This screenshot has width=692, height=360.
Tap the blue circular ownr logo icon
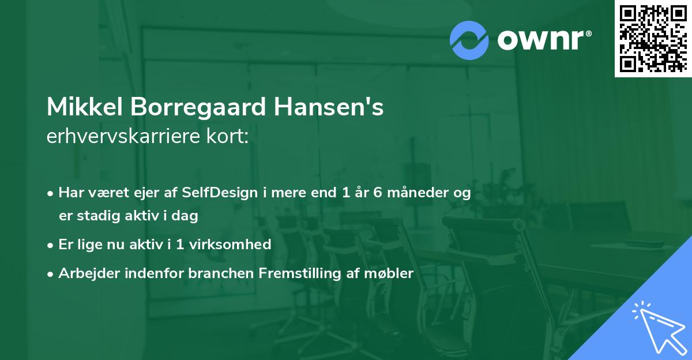[469, 40]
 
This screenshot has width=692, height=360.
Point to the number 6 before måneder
[378, 193]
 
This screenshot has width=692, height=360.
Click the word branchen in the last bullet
[215, 273]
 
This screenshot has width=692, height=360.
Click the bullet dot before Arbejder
[51, 274]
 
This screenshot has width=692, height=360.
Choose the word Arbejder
[86, 273]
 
